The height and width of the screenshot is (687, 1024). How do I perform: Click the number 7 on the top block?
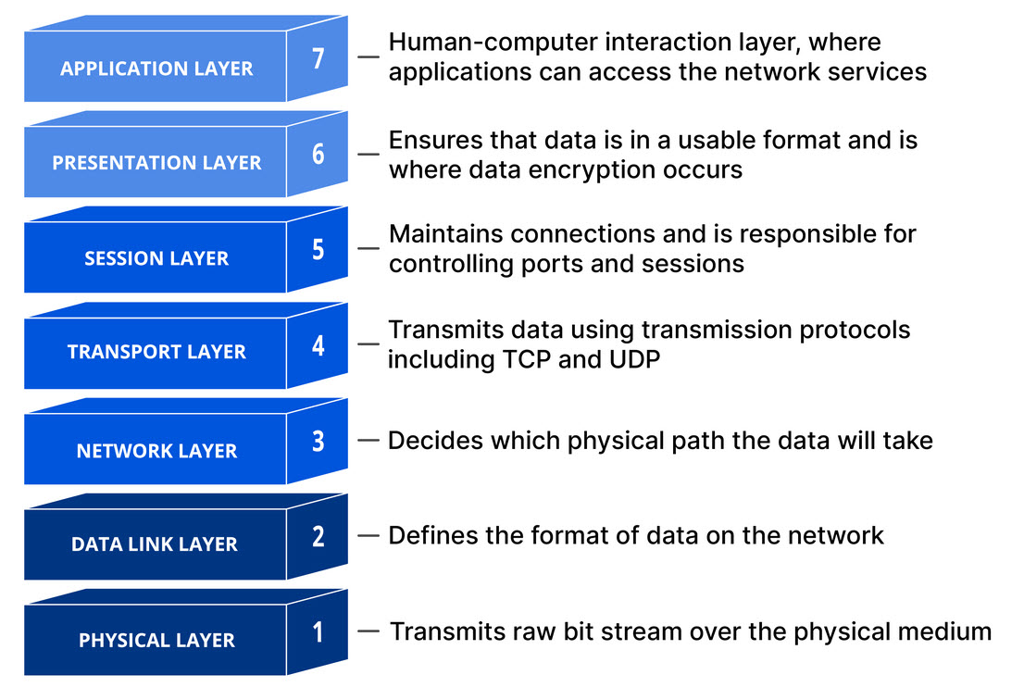click(x=318, y=58)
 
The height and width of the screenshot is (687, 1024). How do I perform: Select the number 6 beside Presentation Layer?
click(x=318, y=154)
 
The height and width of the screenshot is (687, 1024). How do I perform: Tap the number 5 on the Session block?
click(x=318, y=249)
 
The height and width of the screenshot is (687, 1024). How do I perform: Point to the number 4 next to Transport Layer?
click(x=318, y=345)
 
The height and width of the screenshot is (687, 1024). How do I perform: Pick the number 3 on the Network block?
click(x=318, y=442)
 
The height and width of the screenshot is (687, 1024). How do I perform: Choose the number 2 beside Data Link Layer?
click(x=318, y=537)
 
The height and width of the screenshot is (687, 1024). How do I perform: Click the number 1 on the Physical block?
click(x=318, y=632)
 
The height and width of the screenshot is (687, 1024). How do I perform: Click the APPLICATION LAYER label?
click(x=156, y=69)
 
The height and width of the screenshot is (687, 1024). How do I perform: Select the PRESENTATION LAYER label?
click(x=156, y=163)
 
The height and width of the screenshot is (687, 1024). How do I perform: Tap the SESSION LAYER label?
click(x=156, y=258)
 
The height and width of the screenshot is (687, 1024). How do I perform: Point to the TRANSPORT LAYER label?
click(x=156, y=352)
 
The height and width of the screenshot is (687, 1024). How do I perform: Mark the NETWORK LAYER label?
click(x=156, y=451)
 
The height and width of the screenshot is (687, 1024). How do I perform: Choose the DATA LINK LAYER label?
click(x=155, y=544)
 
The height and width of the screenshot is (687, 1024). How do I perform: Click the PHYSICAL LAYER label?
click(x=156, y=641)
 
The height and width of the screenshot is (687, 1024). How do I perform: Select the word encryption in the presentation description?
click(x=595, y=170)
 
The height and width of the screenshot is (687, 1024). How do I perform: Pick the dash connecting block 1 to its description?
click(x=368, y=631)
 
